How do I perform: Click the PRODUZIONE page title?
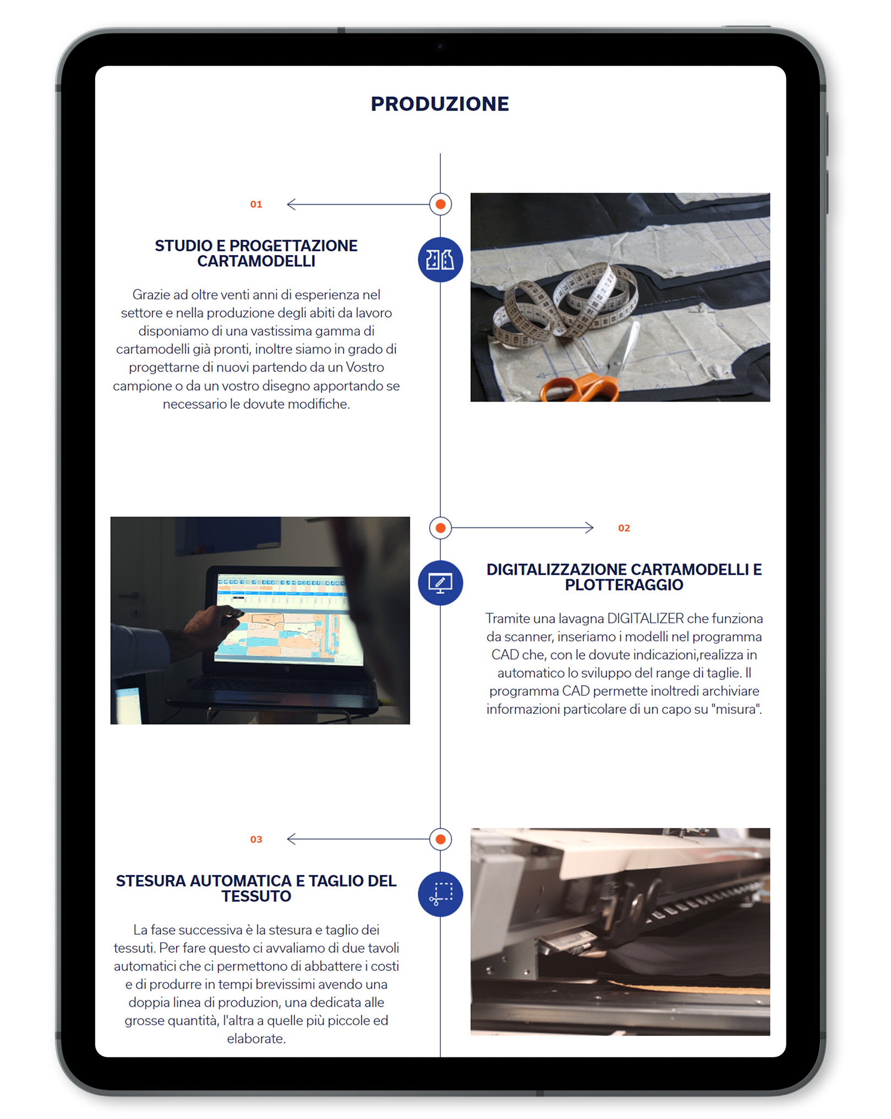tap(440, 104)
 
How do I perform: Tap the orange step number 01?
tap(256, 205)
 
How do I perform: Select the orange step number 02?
tap(624, 528)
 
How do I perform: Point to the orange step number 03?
tap(256, 840)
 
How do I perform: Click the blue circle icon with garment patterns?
tap(440, 260)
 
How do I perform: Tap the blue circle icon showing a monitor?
tap(440, 583)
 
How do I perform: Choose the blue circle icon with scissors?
tap(440, 895)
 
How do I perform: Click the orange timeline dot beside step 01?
tap(440, 205)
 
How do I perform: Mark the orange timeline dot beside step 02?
tap(440, 528)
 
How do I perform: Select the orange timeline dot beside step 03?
tap(440, 840)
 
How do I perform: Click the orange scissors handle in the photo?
tap(578, 387)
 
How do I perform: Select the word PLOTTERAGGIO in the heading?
tap(624, 585)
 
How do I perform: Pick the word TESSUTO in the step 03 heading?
tap(256, 896)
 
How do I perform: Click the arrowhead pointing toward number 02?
tap(589, 528)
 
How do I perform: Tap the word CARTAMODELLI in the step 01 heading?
tap(256, 261)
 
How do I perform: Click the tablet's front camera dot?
tap(440, 46)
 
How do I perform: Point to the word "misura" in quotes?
tap(736, 710)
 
